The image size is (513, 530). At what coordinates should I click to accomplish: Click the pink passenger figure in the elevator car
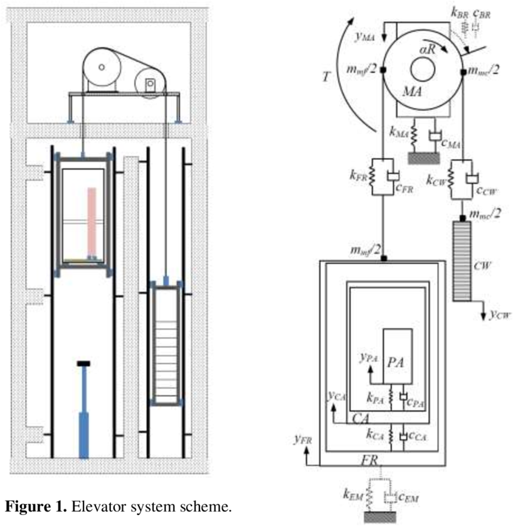92,223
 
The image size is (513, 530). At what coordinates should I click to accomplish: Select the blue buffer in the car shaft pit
83,414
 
